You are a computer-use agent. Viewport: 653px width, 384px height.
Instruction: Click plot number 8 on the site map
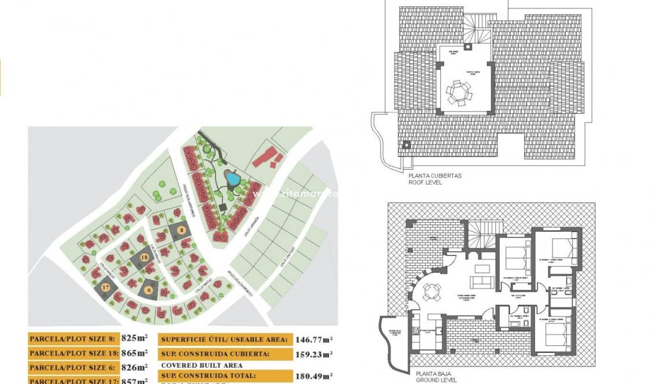pos(181,230)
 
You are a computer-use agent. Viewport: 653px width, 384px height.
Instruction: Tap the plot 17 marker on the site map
pos(105,287)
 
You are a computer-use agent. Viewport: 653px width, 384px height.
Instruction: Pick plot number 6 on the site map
pos(149,290)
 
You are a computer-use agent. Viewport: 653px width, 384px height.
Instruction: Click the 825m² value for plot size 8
pos(135,339)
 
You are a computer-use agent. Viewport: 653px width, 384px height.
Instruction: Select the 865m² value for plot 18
pos(135,352)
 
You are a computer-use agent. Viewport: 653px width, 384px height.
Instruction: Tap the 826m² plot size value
pos(135,366)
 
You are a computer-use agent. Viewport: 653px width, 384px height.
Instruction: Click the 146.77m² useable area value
pos(313,340)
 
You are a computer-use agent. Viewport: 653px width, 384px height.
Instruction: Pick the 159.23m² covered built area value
pos(313,353)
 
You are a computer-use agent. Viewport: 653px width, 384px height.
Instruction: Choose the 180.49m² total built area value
pos(313,376)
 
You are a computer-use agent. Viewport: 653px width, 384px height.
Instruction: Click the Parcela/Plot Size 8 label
pos(73,339)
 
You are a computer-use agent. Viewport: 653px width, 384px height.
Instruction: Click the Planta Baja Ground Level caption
pos(435,376)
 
